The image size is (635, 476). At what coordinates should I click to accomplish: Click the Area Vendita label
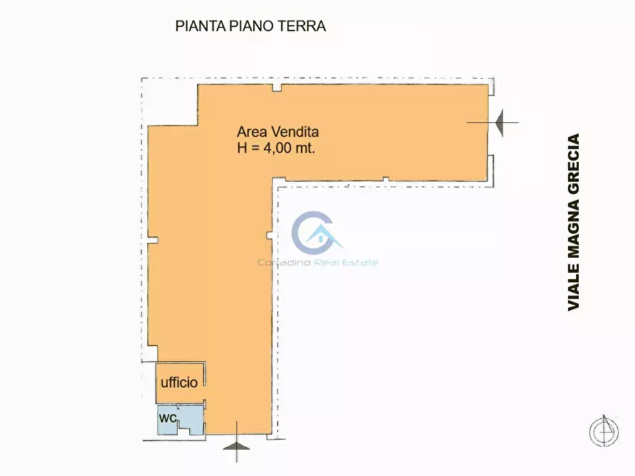coord(277,131)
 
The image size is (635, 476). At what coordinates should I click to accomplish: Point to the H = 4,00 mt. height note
coord(276,148)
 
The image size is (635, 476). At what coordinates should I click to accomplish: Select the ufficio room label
coord(179,382)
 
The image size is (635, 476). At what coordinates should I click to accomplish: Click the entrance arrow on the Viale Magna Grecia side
coord(506,122)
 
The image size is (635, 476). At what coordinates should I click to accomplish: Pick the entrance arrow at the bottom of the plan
coord(236,445)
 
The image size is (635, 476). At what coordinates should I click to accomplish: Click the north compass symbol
coord(604,431)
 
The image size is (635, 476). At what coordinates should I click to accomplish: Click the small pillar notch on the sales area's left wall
coord(150,240)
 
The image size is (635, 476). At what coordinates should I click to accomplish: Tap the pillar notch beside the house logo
coord(269,234)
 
